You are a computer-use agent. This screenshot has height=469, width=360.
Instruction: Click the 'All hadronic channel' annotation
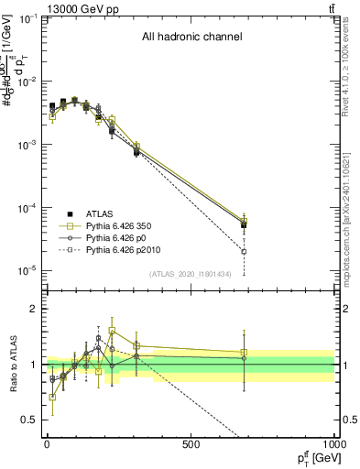(191, 38)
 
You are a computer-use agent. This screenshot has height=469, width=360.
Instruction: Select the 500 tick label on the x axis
(191, 444)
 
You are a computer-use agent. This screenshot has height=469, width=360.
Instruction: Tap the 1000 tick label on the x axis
(333, 444)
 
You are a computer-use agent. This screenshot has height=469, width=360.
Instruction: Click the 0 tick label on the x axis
(46, 444)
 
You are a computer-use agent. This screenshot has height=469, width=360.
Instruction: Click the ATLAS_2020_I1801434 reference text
(191, 274)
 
